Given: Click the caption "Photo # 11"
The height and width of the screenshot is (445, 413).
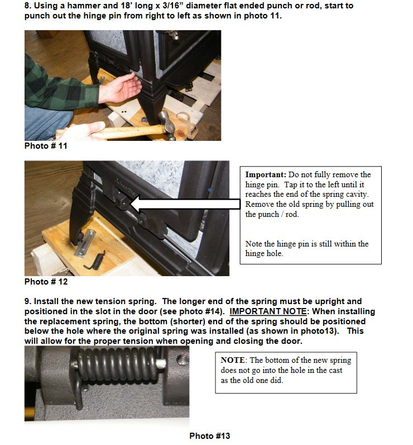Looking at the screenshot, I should pyautogui.click(x=46, y=146).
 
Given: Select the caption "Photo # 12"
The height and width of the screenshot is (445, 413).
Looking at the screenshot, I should pyautogui.click(x=46, y=282).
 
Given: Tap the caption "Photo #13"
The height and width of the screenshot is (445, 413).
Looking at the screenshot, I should pyautogui.click(x=209, y=436).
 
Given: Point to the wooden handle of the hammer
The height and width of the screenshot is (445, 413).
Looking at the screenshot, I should pyautogui.click(x=123, y=131).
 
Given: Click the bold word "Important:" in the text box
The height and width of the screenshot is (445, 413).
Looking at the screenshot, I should pyautogui.click(x=265, y=175).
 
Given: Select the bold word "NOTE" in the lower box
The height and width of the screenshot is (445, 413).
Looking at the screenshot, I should pyautogui.click(x=232, y=361).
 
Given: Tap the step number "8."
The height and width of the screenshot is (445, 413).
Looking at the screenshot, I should pyautogui.click(x=28, y=6).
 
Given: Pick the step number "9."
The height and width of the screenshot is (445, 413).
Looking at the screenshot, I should pyautogui.click(x=28, y=301).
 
